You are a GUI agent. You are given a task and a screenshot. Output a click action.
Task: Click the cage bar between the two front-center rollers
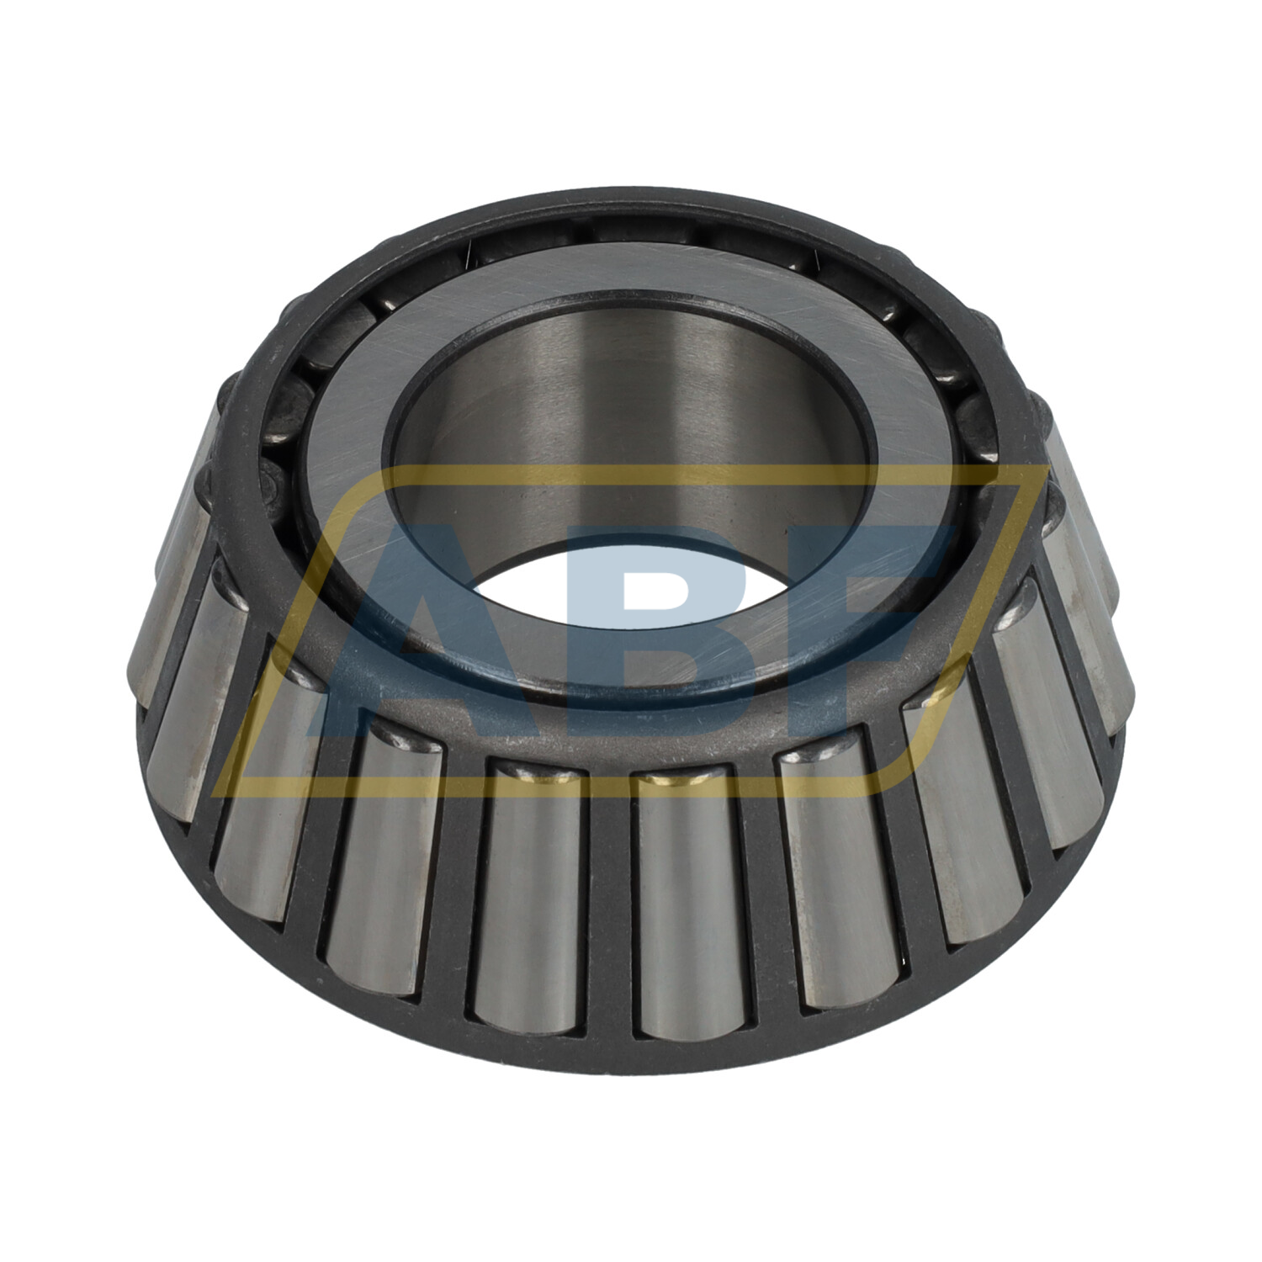(607, 909)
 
